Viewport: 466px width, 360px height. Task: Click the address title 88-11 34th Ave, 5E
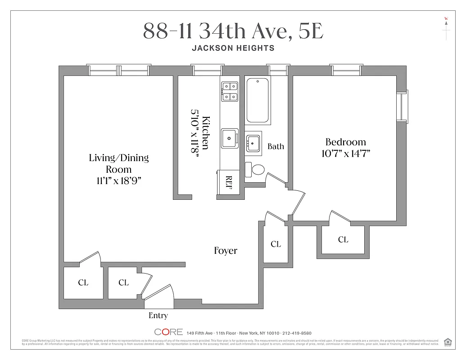[x=233, y=31]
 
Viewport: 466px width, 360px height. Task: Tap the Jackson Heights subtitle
[x=233, y=48]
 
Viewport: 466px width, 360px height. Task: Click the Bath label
[x=276, y=146]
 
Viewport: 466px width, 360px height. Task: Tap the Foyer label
[x=226, y=251]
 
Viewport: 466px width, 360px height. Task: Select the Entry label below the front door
[x=158, y=316]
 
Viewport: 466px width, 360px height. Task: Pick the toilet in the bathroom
[x=256, y=170]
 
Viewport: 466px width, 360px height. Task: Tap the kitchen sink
[x=230, y=138]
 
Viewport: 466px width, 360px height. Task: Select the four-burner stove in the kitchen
[x=230, y=91]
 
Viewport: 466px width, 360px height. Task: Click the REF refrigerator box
[x=228, y=183]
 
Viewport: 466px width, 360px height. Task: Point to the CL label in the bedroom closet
[x=343, y=240]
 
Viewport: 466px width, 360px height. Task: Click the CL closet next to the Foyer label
[x=276, y=244]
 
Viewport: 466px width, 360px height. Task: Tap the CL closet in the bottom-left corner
[x=83, y=283]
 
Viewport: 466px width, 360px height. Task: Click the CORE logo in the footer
[x=169, y=332]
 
